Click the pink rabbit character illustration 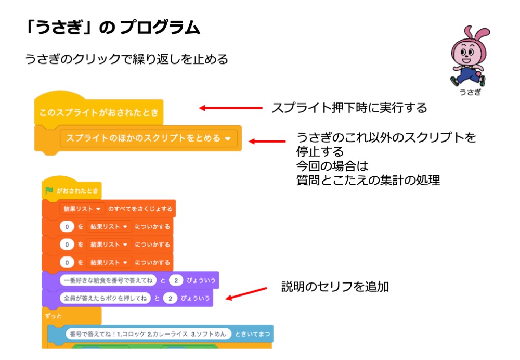click(x=467, y=56)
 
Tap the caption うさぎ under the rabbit click(x=470, y=93)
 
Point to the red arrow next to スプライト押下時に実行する click(x=230, y=108)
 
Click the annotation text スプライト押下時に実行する click(x=349, y=108)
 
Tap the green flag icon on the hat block click(x=49, y=190)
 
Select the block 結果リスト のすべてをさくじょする click(x=109, y=209)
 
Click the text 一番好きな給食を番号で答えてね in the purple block click(x=108, y=280)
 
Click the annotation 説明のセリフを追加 click(x=335, y=287)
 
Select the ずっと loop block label click(x=55, y=315)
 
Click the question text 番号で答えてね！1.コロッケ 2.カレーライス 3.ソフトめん click(x=148, y=333)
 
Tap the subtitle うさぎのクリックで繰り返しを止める click(x=126, y=59)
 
